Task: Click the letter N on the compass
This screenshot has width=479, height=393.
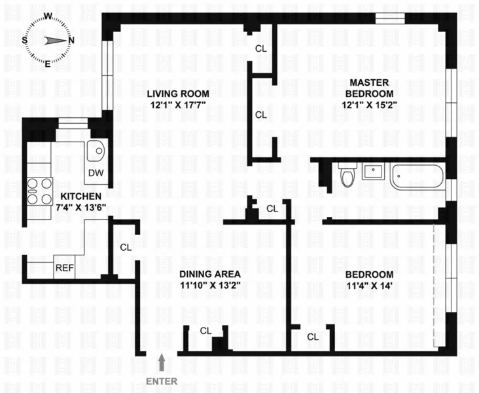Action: coord(71,40)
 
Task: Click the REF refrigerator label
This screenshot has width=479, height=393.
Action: coord(63,267)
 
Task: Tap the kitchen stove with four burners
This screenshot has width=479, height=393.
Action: coord(39,191)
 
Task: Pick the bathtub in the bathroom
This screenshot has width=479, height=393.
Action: coord(417,178)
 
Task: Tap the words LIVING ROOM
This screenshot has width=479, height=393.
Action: coord(173,93)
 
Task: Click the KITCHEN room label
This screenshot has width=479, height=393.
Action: coord(81,196)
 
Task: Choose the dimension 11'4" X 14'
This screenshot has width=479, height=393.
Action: coord(370,285)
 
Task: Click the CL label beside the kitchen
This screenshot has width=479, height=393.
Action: coord(126,248)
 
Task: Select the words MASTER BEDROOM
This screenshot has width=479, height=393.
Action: coord(370,88)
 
